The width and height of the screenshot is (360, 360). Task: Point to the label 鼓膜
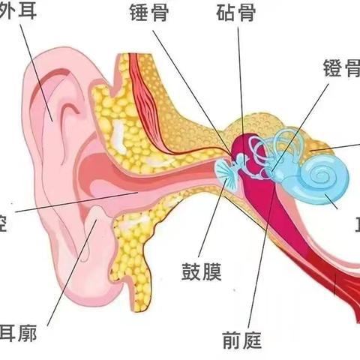pos(201,271)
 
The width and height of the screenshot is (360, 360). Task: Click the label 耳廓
pos(18,333)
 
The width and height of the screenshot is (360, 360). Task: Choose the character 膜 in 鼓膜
pos(212,271)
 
